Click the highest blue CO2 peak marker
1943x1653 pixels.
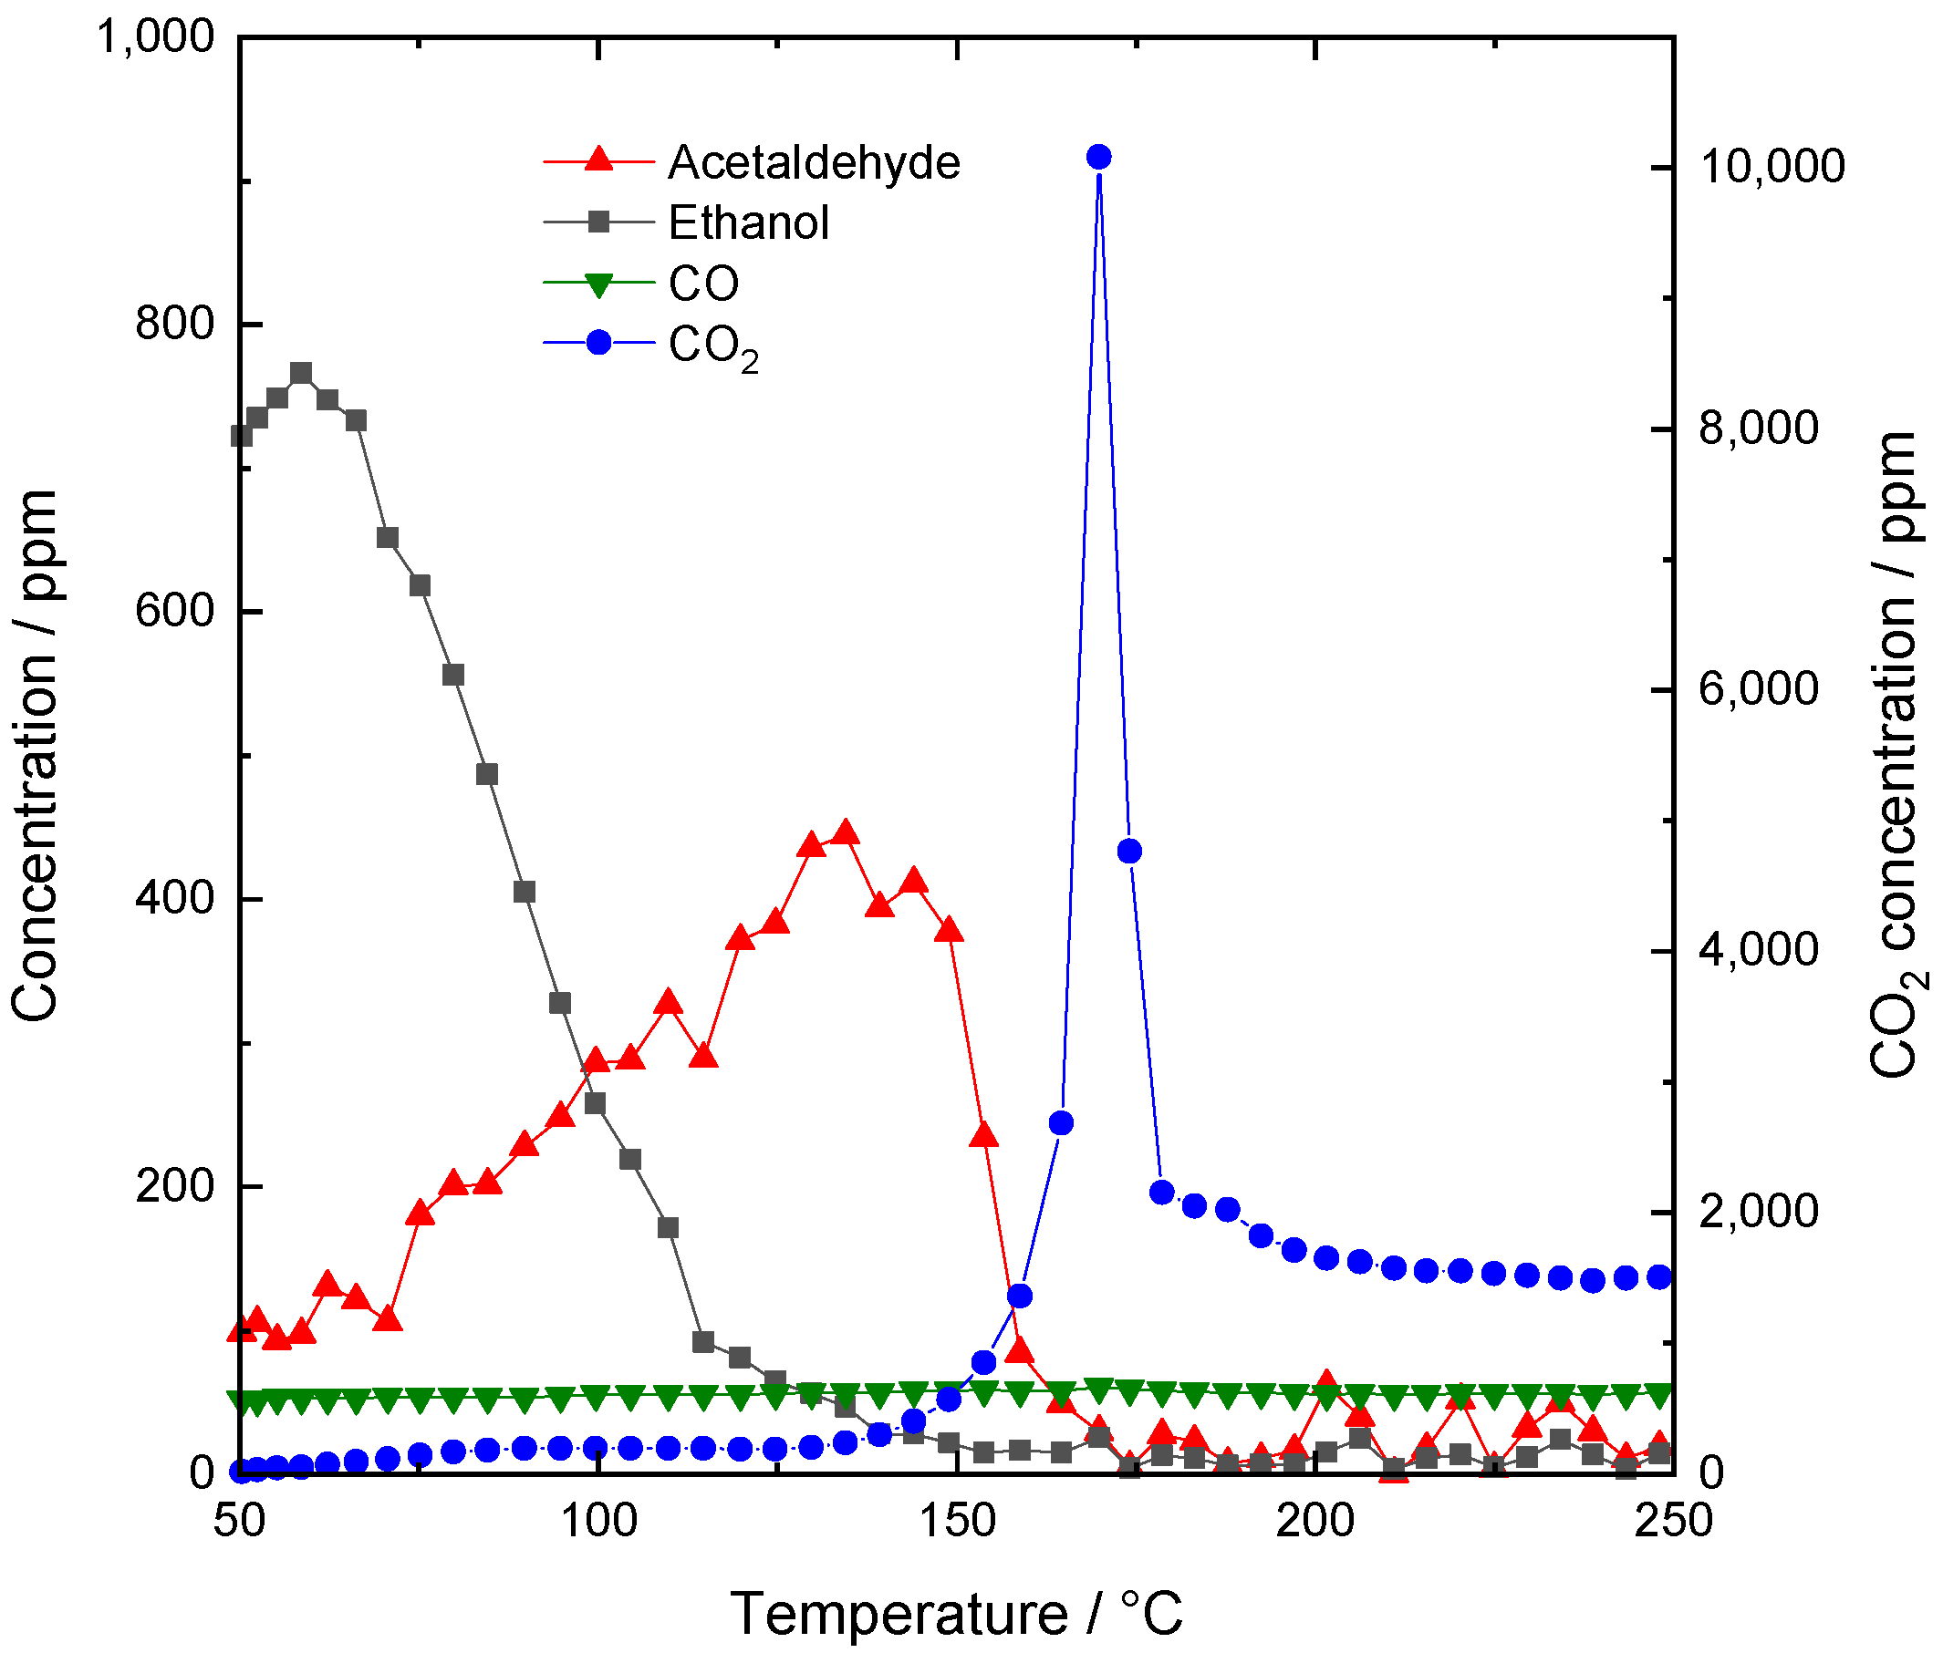1098,157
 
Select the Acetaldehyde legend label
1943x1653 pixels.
814,162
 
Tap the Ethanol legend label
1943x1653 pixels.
748,223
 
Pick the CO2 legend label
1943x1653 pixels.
712,346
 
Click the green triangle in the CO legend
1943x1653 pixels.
598,284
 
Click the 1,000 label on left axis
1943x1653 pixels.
156,36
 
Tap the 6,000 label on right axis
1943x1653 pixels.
1759,688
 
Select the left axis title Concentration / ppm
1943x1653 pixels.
36,754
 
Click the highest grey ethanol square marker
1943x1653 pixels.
300,373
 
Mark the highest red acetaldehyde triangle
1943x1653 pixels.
846,832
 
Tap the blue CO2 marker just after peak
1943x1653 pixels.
1129,851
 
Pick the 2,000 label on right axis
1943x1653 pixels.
1759,1211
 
